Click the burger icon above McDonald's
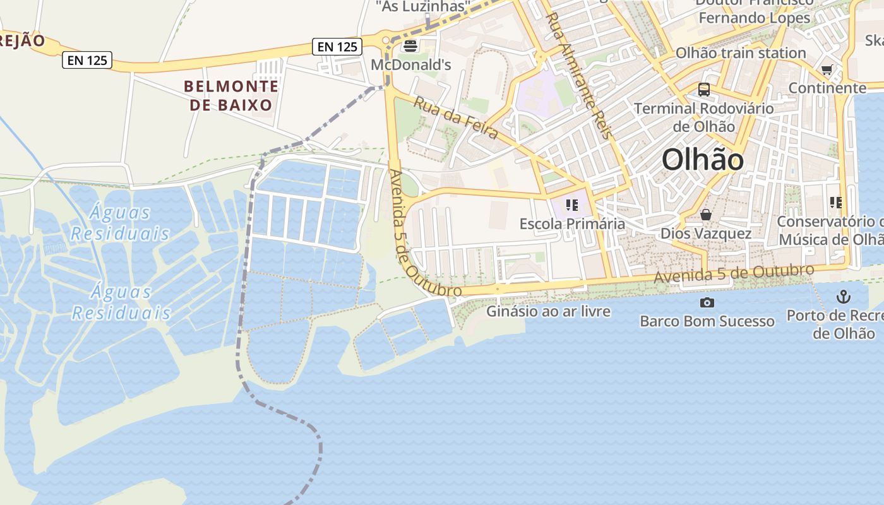[410, 45]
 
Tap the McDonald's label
[411, 64]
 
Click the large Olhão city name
[703, 160]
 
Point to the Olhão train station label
[741, 53]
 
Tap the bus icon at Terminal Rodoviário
[704, 90]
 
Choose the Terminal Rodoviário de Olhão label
[703, 117]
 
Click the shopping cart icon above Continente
[827, 69]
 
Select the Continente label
[827, 88]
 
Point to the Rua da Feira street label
[456, 117]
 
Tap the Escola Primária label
[572, 223]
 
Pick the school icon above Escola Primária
[572, 205]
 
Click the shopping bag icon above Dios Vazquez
[706, 215]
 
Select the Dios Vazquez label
[706, 234]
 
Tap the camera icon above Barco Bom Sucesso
[707, 302]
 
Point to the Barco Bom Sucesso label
[707, 321]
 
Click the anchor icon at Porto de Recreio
[843, 296]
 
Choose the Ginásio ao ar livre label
[548, 311]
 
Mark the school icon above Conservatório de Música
[836, 203]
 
